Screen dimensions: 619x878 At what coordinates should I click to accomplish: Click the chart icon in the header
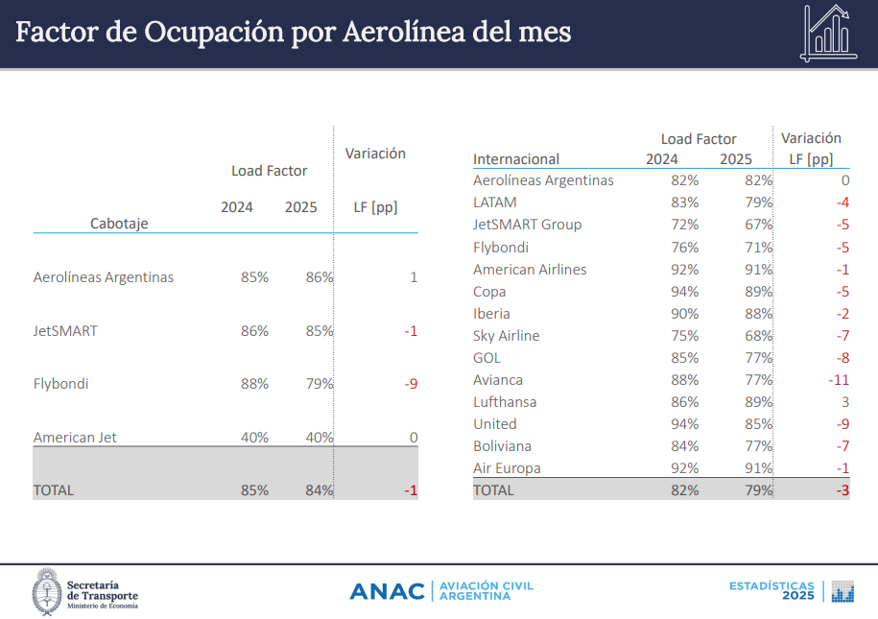click(x=826, y=33)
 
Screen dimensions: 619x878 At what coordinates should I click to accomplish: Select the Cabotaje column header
click(x=119, y=223)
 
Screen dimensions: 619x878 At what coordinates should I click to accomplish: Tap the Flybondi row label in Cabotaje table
click(x=60, y=384)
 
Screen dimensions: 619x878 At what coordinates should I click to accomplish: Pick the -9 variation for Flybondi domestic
click(x=411, y=384)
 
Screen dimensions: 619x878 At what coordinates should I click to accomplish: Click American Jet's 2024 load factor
click(x=254, y=438)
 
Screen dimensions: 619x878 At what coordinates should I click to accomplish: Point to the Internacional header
click(x=516, y=158)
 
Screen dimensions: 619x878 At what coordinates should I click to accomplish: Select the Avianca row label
click(x=498, y=380)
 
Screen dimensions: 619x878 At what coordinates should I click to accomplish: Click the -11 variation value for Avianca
click(x=838, y=380)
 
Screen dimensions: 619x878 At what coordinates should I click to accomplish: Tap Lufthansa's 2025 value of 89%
click(x=757, y=402)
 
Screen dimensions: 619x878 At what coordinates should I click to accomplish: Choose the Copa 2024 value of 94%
click(x=683, y=292)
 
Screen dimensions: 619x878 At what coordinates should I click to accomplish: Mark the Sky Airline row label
click(x=506, y=336)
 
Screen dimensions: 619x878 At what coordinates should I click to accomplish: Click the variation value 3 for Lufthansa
click(x=845, y=402)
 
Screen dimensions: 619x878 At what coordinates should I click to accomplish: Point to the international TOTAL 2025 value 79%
click(x=757, y=489)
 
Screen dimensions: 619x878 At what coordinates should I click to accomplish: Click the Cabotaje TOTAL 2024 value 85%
click(x=254, y=489)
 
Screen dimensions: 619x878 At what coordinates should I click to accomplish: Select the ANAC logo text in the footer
click(x=387, y=591)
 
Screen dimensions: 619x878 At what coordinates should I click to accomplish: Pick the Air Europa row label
click(x=507, y=468)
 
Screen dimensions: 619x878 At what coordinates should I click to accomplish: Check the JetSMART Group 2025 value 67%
click(x=757, y=225)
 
